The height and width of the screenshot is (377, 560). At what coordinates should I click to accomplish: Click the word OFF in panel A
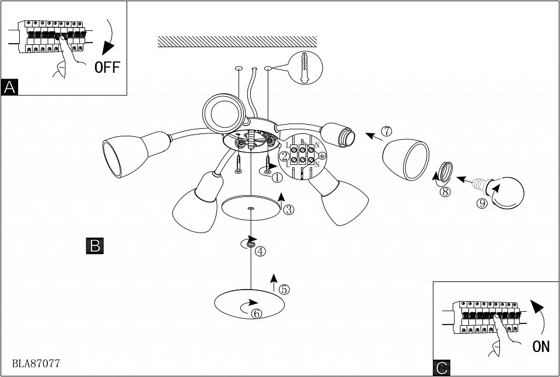pyautogui.click(x=107, y=67)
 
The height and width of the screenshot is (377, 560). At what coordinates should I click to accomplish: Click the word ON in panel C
pyautogui.click(x=541, y=347)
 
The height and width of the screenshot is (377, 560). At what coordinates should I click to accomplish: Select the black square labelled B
pyautogui.click(x=94, y=245)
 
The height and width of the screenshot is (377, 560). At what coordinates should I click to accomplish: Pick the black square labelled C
pyautogui.click(x=442, y=368)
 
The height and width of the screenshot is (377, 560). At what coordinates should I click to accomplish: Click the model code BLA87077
pyautogui.click(x=36, y=363)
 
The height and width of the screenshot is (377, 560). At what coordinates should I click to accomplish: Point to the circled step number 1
pyautogui.click(x=276, y=175)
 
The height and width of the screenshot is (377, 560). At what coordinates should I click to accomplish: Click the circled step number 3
pyautogui.click(x=288, y=210)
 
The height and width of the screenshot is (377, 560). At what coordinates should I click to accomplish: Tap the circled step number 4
pyautogui.click(x=260, y=251)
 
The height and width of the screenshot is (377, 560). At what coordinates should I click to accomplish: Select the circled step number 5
pyautogui.click(x=284, y=289)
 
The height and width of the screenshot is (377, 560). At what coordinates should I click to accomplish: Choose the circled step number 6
pyautogui.click(x=257, y=313)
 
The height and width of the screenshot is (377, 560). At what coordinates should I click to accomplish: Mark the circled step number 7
pyautogui.click(x=386, y=132)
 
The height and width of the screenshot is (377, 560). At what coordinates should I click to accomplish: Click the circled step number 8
pyautogui.click(x=446, y=192)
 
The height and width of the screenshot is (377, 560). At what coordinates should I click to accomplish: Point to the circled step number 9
pyautogui.click(x=481, y=203)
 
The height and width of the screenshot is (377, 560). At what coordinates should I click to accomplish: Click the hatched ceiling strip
pyautogui.click(x=237, y=41)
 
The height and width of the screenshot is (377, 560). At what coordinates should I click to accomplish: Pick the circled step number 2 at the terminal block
pyautogui.click(x=284, y=156)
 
